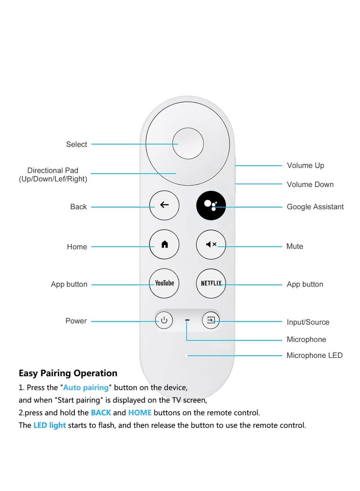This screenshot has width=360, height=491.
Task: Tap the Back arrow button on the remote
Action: point(164,205)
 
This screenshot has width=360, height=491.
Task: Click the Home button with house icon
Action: point(164,244)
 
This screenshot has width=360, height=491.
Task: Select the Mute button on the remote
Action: point(211,244)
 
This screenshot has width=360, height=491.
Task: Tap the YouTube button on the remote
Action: point(164,283)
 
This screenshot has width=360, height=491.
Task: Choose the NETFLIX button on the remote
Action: point(211,283)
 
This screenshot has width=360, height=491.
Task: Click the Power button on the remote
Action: point(164,320)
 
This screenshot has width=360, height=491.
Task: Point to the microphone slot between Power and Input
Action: point(187,320)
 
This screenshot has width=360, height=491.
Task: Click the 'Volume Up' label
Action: point(306,166)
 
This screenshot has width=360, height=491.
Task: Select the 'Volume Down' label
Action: point(310,185)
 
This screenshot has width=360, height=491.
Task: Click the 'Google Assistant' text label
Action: point(315,207)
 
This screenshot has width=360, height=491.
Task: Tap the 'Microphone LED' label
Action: point(315,356)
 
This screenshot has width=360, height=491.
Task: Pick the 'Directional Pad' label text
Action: point(53,171)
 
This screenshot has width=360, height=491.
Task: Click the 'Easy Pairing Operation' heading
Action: point(68,373)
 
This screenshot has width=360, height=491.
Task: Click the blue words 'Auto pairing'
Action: point(86,387)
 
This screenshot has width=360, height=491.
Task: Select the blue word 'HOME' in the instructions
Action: point(140,413)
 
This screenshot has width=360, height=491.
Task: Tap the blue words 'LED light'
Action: point(49,425)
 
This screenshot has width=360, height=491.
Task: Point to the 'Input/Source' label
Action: point(308,322)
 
